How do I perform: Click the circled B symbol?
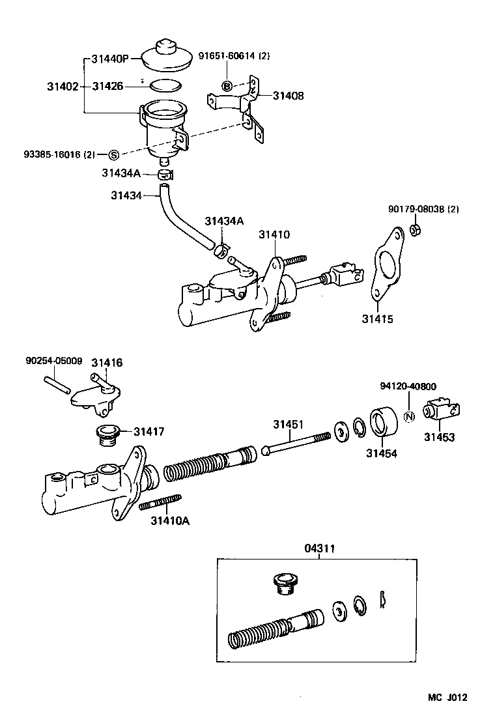(x=227, y=86)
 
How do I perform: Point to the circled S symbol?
(x=113, y=154)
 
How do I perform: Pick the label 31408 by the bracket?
(x=288, y=96)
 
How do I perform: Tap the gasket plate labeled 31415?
(x=385, y=266)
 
